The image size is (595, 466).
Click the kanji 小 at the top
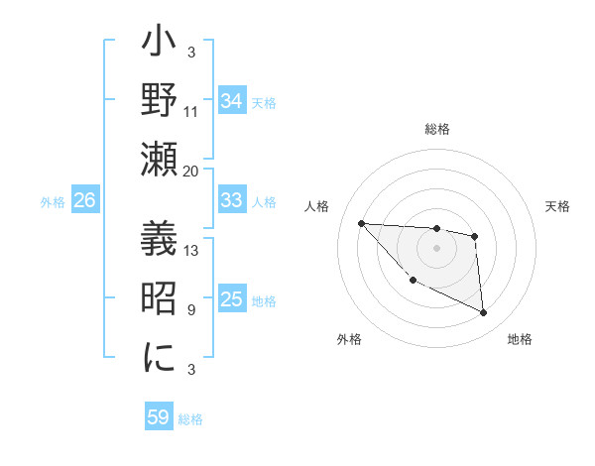tap(159, 45)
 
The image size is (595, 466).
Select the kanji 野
tap(159, 102)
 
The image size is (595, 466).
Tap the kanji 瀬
tap(159, 159)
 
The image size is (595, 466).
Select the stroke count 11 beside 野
tap(191, 112)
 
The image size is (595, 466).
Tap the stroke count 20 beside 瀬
tap(191, 171)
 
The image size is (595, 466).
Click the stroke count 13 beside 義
tap(191, 251)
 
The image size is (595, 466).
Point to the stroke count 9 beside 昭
tap(191, 310)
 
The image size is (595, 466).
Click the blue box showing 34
tap(232, 101)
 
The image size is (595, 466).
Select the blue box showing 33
tap(232, 200)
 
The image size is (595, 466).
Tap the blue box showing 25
tap(232, 299)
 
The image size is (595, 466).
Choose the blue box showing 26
tap(84, 200)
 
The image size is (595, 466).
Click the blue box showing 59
tap(159, 417)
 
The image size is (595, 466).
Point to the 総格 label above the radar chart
tap(437, 130)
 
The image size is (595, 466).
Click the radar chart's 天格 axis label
tap(558, 206)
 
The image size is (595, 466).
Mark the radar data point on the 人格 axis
tap(361, 223)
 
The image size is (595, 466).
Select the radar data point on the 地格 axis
tap(484, 313)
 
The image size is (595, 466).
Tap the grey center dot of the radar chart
tap(437, 248)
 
